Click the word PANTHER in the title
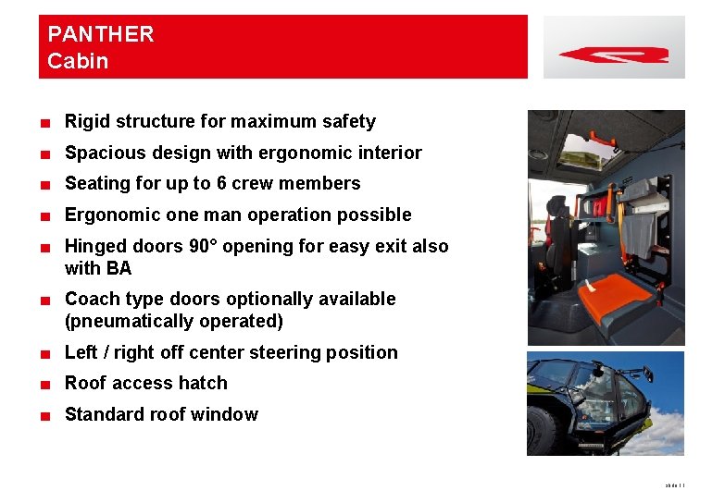pyautogui.click(x=101, y=35)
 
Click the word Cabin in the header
pyautogui.click(x=78, y=62)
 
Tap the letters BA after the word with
pyautogui.click(x=119, y=269)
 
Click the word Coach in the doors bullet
pyautogui.click(x=91, y=300)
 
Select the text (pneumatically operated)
pyautogui.click(x=173, y=322)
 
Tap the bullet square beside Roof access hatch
pyautogui.click(x=45, y=385)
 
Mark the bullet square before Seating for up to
pyautogui.click(x=45, y=185)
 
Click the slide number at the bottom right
pyautogui.click(x=674, y=485)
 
